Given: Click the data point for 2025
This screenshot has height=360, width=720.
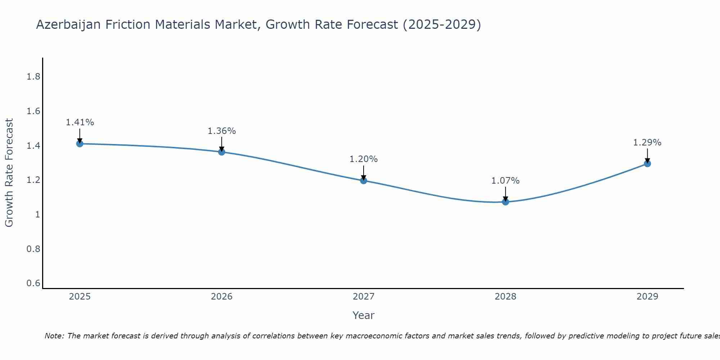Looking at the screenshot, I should click(80, 144).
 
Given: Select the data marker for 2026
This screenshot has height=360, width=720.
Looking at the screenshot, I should click(222, 152).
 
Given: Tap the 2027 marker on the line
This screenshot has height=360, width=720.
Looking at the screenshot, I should click(364, 180).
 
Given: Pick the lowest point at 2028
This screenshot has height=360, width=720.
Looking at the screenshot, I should click(505, 202).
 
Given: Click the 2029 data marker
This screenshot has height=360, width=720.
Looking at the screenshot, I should click(647, 163).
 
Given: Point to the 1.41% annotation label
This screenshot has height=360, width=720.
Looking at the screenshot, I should click(80, 122).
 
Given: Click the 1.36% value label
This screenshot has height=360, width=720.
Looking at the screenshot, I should click(222, 131).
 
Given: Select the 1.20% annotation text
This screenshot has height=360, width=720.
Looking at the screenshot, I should click(364, 159).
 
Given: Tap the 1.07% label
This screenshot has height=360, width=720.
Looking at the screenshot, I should click(505, 181).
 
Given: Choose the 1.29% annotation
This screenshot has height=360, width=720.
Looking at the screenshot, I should click(647, 143).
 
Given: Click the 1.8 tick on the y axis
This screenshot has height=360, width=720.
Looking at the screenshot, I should click(33, 77).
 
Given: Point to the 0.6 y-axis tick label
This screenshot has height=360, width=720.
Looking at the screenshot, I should click(33, 283).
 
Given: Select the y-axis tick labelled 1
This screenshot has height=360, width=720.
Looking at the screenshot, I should click(37, 215).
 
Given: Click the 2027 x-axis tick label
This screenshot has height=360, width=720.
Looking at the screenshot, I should click(364, 297).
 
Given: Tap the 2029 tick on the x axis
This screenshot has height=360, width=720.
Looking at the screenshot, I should click(647, 297).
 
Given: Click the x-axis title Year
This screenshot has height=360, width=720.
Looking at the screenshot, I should click(364, 315).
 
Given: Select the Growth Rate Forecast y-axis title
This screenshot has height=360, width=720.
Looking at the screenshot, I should click(9, 173).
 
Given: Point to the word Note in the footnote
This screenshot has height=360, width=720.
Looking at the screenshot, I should click(54, 336).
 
